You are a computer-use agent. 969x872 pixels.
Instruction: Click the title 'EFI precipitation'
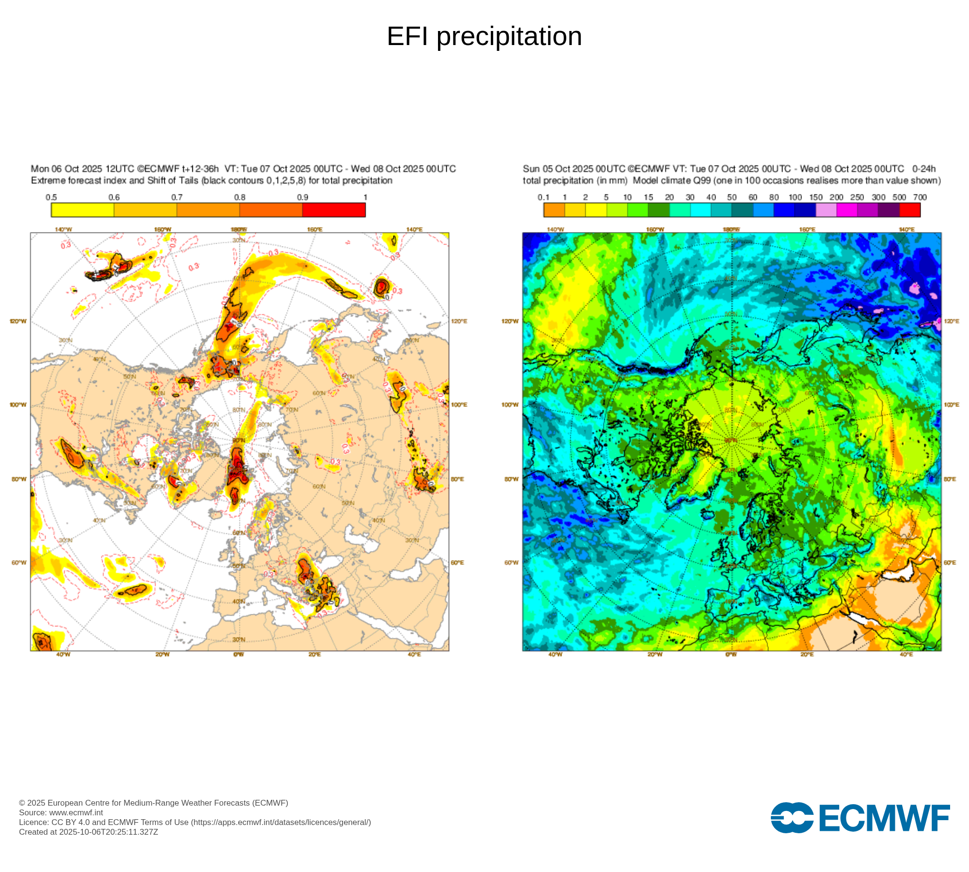484,36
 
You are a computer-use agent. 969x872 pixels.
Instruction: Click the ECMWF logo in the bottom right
860,818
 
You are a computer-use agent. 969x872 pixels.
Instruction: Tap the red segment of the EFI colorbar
334,210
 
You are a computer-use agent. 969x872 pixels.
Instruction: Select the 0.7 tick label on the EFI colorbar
177,197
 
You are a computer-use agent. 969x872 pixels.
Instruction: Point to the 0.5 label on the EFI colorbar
51,197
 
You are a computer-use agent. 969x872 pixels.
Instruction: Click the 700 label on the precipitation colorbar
920,197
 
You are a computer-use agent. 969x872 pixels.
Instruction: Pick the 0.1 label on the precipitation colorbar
544,197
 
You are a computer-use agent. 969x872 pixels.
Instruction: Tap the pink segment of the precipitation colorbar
826,210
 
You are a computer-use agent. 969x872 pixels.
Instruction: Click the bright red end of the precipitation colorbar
910,210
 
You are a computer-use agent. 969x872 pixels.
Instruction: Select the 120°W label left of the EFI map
18,321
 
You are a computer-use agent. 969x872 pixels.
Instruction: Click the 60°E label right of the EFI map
457,562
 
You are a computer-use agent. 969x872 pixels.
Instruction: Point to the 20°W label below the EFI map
162,654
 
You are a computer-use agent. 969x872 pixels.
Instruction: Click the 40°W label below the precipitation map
555,654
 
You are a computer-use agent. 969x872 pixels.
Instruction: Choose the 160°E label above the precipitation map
807,229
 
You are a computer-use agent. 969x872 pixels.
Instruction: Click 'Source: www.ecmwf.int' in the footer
61,812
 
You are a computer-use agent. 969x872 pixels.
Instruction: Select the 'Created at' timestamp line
89,832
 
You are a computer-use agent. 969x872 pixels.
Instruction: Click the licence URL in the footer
281,822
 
